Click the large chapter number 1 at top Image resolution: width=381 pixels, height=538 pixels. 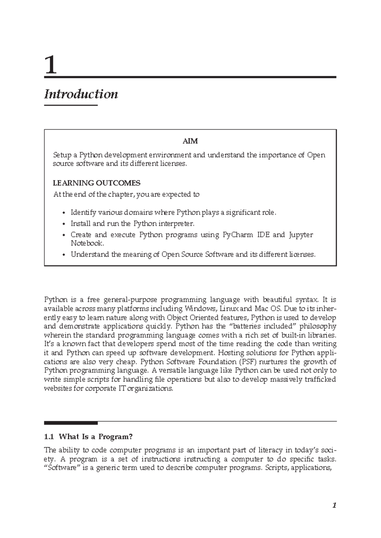[51, 65]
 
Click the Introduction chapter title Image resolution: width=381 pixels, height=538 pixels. [81, 94]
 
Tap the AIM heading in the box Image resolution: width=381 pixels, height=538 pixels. [190, 141]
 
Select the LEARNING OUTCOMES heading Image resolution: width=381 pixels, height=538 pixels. [97, 183]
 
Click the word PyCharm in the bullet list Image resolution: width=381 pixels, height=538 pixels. [238, 235]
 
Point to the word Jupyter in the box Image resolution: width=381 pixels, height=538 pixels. [301, 235]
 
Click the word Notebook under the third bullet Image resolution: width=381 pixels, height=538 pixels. [87, 243]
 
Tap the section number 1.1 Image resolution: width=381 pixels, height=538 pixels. [49, 437]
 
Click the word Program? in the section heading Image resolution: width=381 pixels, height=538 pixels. [115, 437]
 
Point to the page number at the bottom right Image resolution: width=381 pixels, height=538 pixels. [334, 505]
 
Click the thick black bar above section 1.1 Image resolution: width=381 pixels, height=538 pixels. [71, 423]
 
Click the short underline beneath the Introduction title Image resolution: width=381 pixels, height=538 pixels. [70, 105]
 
